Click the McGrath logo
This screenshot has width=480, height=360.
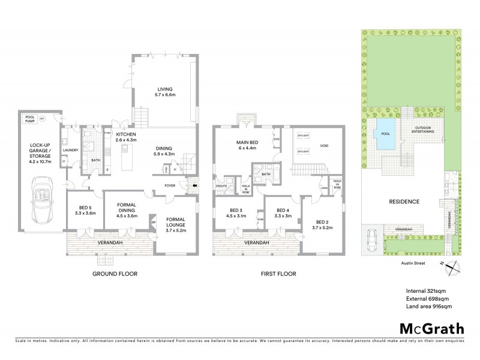432,328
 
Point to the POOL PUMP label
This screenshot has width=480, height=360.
30,119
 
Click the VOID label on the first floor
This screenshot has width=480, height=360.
325,145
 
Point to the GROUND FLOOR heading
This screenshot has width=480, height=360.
115,274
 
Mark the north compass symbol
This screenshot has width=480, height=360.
455,268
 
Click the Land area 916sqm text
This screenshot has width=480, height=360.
429,307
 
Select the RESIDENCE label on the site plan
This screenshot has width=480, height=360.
404,202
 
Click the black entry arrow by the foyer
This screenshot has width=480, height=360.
194,186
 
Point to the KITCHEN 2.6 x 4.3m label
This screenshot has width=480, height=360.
127,137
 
